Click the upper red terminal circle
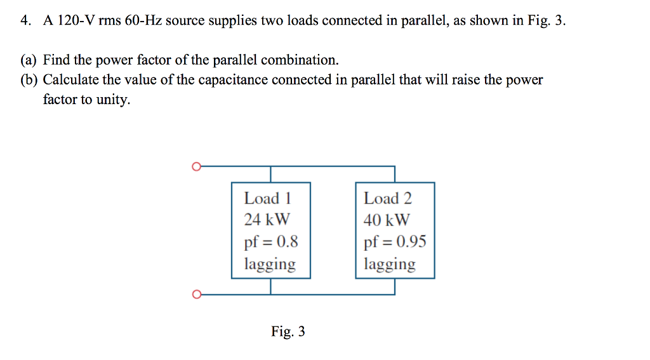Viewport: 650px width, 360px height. [x=196, y=167]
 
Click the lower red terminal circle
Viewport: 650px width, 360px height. [x=196, y=295]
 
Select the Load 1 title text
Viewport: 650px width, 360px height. [x=267, y=199]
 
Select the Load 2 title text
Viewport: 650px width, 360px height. [x=388, y=199]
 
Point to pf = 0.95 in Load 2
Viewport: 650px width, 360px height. [x=395, y=242]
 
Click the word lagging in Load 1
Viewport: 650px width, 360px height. [x=270, y=264]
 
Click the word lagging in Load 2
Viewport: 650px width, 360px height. [x=390, y=264]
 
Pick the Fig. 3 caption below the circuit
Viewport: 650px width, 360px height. [x=288, y=331]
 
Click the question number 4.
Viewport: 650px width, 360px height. [x=25, y=20]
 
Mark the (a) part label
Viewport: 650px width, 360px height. [x=29, y=60]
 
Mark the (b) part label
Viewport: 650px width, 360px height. [x=29, y=80]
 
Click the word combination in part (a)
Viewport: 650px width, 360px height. [x=299, y=60]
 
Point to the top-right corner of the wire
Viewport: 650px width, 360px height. [x=395, y=167]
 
